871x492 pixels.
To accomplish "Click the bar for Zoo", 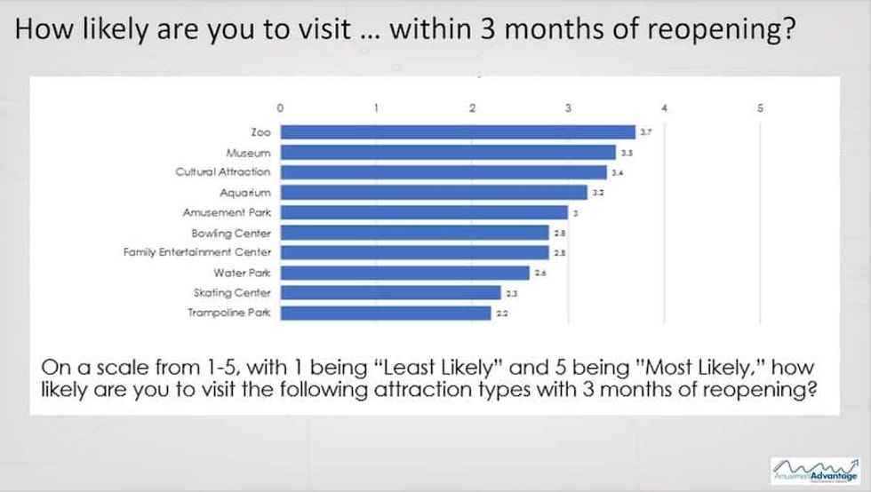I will coord(458,131).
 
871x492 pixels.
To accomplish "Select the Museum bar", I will coord(448,152).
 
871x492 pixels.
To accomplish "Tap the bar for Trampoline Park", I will coord(386,313).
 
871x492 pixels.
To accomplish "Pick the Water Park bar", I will coord(404,273).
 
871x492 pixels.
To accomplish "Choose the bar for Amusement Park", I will coord(424,212).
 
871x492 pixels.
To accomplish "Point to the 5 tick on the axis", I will coord(760,107).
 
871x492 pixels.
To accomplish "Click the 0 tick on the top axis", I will coord(281,107).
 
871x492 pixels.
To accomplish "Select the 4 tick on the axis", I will coord(664,107).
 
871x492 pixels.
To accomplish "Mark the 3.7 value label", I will coord(646,132).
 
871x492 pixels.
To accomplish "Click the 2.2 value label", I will coord(502,313).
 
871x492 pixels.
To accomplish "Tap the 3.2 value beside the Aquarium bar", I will coord(598,193).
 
